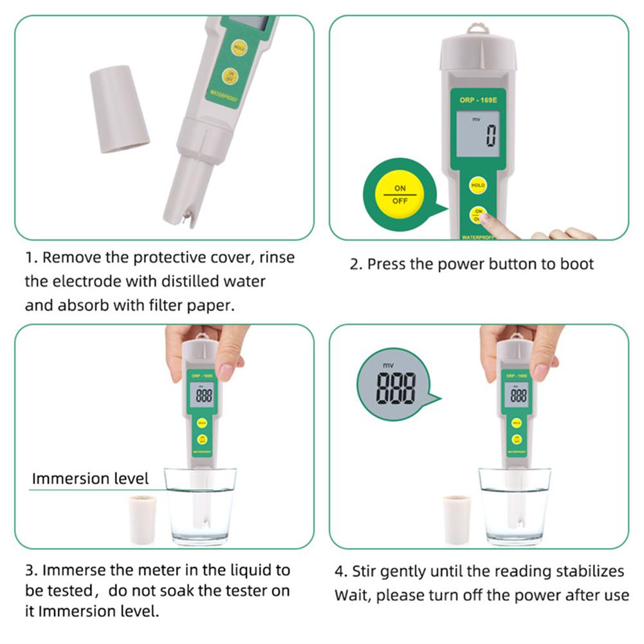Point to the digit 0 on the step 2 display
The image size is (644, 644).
491,136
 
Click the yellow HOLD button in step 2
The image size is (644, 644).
477,185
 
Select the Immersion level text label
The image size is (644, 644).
90,479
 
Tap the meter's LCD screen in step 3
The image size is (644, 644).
203,394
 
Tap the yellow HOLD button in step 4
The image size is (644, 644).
516,423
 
